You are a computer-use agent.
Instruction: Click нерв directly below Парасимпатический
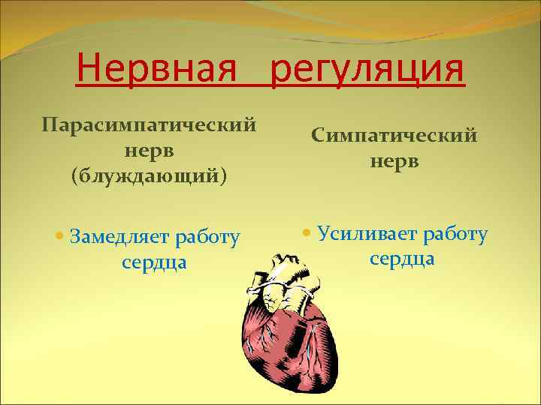[x=149, y=150]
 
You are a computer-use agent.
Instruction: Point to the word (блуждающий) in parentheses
[x=149, y=177]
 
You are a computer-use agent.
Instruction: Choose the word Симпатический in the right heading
[x=394, y=136]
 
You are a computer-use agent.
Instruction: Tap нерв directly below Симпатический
[x=394, y=163]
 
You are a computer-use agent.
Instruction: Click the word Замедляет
[x=120, y=238]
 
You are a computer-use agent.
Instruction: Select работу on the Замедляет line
[x=207, y=239]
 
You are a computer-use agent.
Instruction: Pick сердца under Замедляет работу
[x=154, y=264]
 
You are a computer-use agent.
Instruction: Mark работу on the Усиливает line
[x=456, y=235]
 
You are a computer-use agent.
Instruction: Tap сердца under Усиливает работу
[x=402, y=259]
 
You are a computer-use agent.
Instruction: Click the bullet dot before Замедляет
[x=60, y=238]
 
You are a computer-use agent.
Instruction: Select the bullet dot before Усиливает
[x=306, y=233]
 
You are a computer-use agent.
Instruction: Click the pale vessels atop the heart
[x=282, y=277]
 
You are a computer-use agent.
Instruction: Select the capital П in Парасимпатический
[x=48, y=122]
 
